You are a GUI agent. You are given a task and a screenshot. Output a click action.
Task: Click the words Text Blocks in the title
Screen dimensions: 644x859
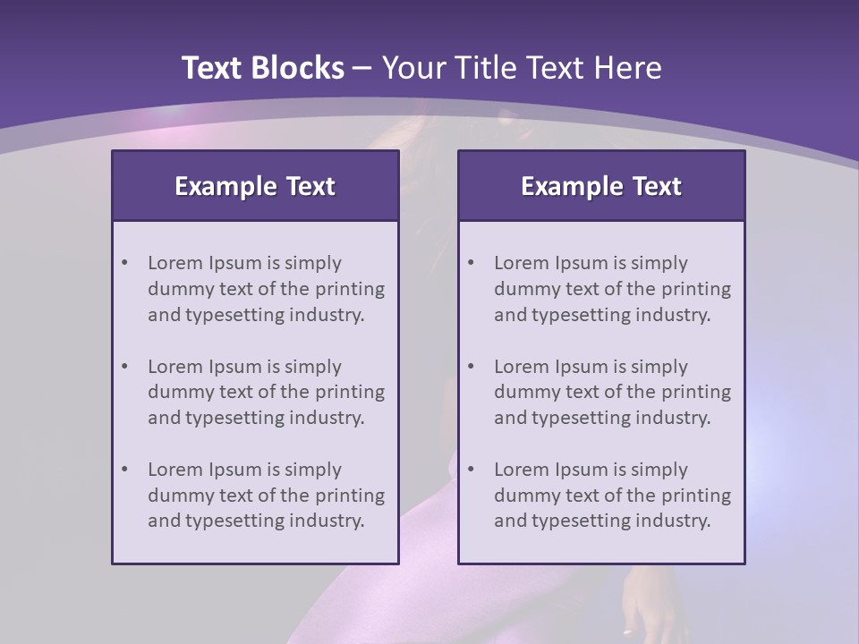262,68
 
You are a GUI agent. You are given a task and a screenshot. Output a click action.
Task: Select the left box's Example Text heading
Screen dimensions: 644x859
255,186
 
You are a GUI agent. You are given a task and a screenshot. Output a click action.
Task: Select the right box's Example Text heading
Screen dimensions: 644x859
601,186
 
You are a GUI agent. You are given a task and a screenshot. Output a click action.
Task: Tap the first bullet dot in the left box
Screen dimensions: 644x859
125,263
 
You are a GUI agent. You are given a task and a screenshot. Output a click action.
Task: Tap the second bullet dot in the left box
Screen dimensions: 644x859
125,367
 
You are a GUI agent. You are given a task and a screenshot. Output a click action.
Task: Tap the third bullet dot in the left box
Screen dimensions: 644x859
125,470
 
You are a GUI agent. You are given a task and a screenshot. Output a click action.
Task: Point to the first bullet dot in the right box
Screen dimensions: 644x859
472,263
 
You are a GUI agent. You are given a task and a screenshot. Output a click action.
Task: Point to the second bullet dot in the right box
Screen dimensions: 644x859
472,367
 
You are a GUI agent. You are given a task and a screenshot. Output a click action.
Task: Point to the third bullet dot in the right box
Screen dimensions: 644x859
472,470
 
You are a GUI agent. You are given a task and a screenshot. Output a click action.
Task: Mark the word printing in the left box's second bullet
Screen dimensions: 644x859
350,392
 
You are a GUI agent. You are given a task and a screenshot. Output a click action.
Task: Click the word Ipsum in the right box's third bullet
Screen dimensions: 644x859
582,470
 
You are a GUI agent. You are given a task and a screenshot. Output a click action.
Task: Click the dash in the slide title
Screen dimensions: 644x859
362,68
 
